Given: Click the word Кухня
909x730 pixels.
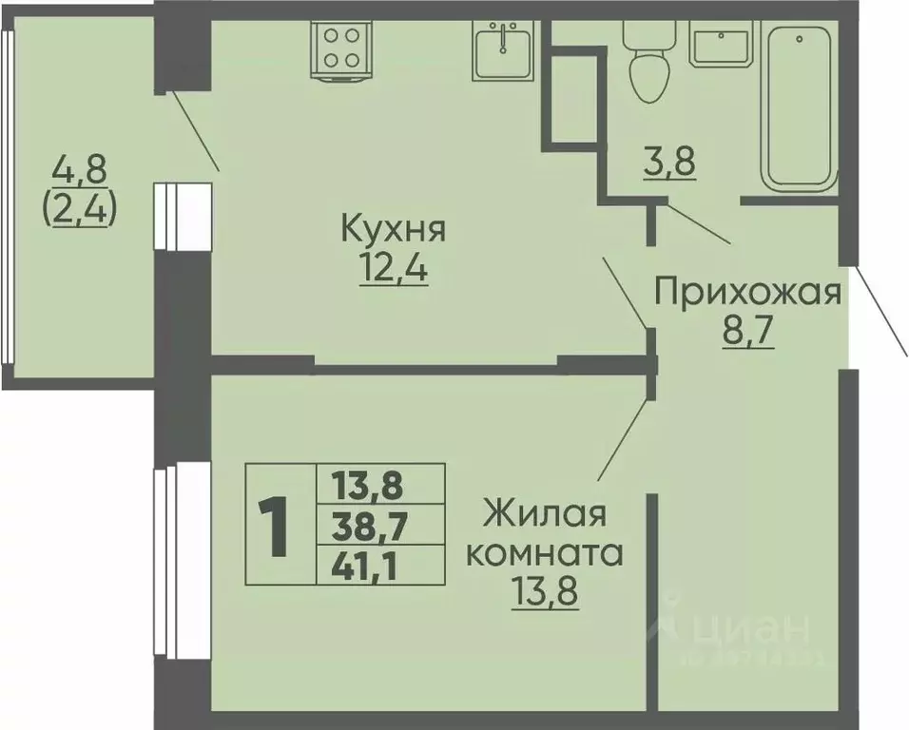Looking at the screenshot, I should (393, 229).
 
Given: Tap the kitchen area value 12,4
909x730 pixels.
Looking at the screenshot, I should (393, 270).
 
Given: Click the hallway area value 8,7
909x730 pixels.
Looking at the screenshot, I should (748, 334).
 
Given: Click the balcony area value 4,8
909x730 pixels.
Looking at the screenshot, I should (80, 172).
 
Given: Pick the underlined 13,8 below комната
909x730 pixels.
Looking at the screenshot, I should (546, 594).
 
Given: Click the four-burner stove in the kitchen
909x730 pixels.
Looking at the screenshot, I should (342, 47).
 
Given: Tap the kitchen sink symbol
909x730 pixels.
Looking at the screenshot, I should (503, 48).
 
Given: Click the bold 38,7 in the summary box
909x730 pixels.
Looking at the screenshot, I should (366, 527).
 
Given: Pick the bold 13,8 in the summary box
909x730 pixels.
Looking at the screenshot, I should (366, 486).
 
